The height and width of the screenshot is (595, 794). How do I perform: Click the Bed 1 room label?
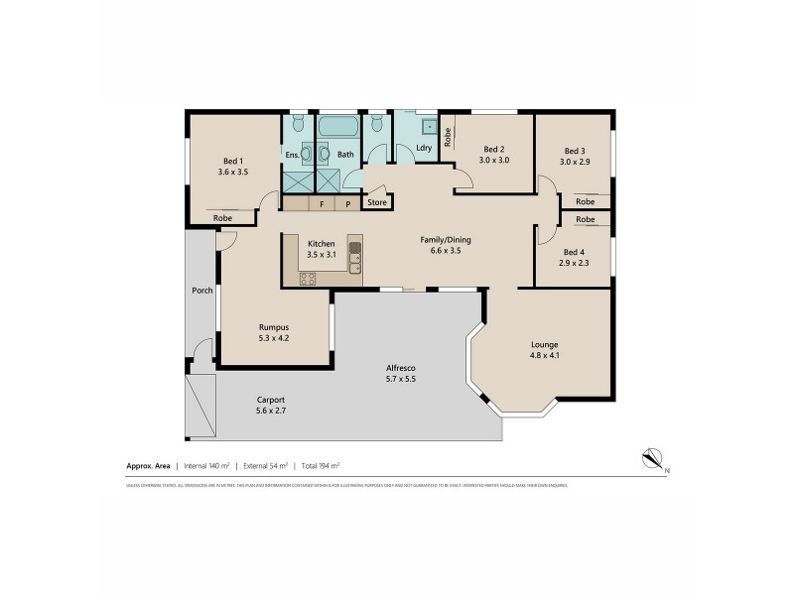pos(232,162)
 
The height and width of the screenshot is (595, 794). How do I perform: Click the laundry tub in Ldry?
pos(429,126)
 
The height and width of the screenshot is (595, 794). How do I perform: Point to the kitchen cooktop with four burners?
pos(308,279)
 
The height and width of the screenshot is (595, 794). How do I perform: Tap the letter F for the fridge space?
pos(322,203)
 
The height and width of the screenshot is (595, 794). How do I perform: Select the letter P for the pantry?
pos(348,203)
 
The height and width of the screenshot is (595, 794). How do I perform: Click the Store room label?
pos(377,202)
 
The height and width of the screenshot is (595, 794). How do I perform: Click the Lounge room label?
pos(544,344)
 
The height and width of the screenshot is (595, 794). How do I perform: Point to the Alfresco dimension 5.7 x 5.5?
pos(400,380)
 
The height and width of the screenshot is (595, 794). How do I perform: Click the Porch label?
pos(202,291)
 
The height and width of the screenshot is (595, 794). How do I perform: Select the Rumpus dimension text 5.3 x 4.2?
pos(273,338)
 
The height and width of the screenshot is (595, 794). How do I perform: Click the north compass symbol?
pos(653,457)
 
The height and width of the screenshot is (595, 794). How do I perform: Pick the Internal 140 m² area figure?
pos(206,464)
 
